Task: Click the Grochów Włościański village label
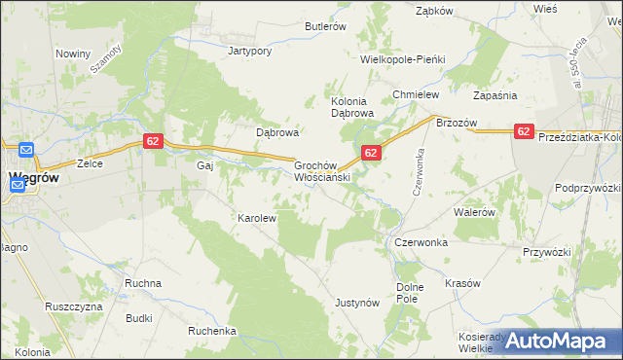pyautogui.click(x=321, y=172)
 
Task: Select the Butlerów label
pyautogui.click(x=326, y=27)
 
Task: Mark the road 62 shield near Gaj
pyautogui.click(x=152, y=141)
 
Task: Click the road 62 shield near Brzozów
pyautogui.click(x=524, y=131)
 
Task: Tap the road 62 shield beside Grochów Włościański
pyautogui.click(x=371, y=153)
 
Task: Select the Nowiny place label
pyautogui.click(x=73, y=54)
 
